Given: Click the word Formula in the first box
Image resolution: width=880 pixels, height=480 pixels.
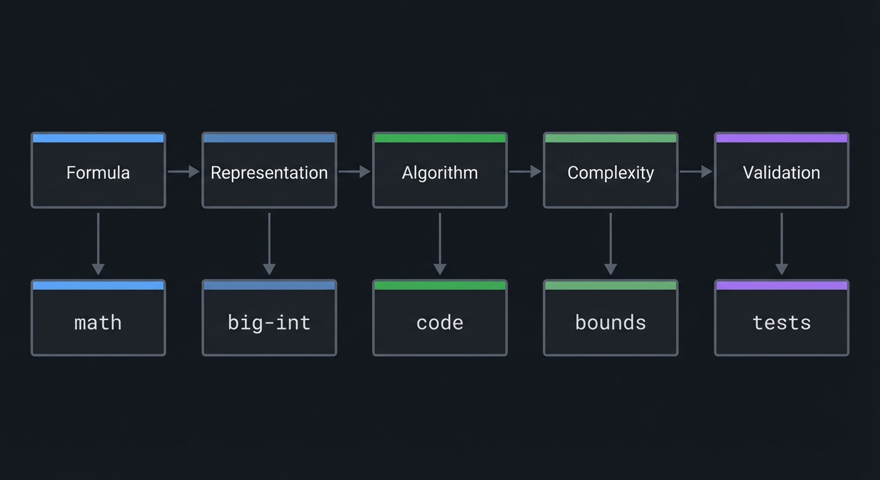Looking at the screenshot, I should (x=98, y=172).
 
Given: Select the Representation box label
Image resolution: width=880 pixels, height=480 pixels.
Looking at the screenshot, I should (x=269, y=172).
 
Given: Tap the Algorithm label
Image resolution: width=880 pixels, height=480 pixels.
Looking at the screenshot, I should (x=439, y=172).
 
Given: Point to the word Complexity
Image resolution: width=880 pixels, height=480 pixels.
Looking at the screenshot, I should (x=611, y=172).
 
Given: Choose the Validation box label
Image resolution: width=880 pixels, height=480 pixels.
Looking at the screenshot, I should (x=781, y=172).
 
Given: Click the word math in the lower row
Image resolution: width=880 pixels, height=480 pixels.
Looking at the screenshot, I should (x=98, y=322).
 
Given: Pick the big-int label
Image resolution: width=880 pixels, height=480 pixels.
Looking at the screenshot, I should (x=269, y=322).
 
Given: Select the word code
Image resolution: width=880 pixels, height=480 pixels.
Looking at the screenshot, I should (x=439, y=322).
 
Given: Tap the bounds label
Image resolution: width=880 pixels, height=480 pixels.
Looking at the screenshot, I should (x=611, y=322).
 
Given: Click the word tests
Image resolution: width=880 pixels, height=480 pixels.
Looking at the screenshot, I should (x=781, y=322).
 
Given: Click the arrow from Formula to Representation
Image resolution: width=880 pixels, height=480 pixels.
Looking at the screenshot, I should (x=183, y=171).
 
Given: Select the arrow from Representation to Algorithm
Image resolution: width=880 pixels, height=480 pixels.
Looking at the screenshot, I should (x=354, y=171).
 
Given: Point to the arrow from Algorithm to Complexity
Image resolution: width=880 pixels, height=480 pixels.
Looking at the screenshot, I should (x=525, y=171).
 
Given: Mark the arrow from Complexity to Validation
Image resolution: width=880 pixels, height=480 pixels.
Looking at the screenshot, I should (x=696, y=171).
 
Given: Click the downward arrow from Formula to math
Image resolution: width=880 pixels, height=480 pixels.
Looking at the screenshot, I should (x=98, y=244).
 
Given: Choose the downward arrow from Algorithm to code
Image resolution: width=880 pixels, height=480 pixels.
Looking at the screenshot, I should (x=439, y=244).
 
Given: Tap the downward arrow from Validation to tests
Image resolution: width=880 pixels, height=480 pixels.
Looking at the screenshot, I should (x=781, y=244).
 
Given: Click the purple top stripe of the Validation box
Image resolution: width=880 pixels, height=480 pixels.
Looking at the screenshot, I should (x=781, y=138).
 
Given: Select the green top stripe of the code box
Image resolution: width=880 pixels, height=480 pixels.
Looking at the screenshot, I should (x=439, y=286).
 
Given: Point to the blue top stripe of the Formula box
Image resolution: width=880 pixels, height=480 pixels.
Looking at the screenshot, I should (x=98, y=138).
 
